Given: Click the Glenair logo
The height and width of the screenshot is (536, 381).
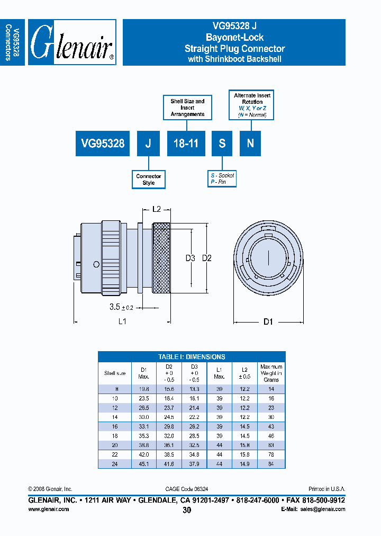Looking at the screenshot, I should (72, 42).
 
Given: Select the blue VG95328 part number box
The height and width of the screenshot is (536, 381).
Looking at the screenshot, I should (103, 143).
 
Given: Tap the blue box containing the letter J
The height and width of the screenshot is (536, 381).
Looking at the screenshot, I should (149, 143).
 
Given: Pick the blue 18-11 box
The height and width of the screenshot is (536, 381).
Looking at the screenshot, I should (186, 143).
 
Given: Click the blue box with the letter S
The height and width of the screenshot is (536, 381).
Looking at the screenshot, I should (222, 143).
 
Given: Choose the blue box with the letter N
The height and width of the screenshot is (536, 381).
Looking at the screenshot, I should (250, 143).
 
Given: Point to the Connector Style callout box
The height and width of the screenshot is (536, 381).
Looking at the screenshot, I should (149, 180).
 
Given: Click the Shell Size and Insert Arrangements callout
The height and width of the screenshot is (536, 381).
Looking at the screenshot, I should (187, 108).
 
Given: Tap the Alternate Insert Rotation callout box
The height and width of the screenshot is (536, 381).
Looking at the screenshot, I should (252, 105).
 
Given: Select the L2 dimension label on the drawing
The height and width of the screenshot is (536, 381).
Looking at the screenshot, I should (157, 210).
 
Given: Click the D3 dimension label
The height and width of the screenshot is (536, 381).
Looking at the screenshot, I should (190, 258).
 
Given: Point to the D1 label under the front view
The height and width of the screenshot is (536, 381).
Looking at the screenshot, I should (268, 321).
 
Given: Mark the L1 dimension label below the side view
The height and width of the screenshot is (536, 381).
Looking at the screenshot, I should (122, 321).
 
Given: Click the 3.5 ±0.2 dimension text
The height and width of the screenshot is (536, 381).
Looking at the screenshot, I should (121, 307).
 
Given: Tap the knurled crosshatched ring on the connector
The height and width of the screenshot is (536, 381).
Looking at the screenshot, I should (161, 258).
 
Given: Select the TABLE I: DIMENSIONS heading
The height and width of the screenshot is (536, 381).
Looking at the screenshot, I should (192, 357).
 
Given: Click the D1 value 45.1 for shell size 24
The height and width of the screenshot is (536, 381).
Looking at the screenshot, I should (143, 463).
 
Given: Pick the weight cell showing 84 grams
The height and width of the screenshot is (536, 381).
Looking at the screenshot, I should (271, 463).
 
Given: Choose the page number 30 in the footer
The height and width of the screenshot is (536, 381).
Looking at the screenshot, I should (187, 510).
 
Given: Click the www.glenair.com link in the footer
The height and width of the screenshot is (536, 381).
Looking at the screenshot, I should (48, 509).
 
